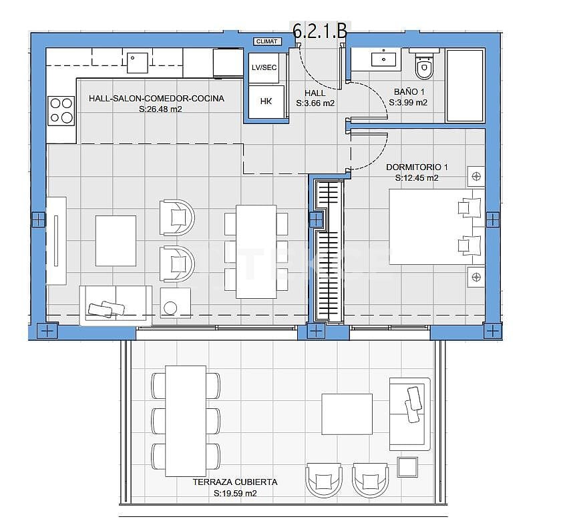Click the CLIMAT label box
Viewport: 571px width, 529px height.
coord(267,41)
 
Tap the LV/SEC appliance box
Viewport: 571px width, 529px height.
coord(264,68)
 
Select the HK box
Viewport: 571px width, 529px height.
coord(266,102)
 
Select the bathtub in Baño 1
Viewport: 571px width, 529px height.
coord(465,85)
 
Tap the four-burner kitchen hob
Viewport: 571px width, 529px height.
coord(61,111)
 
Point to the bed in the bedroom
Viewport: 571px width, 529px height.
coord(436,227)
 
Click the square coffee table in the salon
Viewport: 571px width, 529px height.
coord(116,240)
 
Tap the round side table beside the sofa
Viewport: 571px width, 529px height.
coord(171,307)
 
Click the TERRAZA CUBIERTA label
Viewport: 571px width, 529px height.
coord(234,482)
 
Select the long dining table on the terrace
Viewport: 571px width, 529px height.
coord(185,420)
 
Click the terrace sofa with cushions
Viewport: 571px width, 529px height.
coord(409,412)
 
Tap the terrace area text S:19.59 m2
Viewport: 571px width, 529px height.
coord(235,494)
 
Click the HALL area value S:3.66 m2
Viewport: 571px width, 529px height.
coord(315,103)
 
